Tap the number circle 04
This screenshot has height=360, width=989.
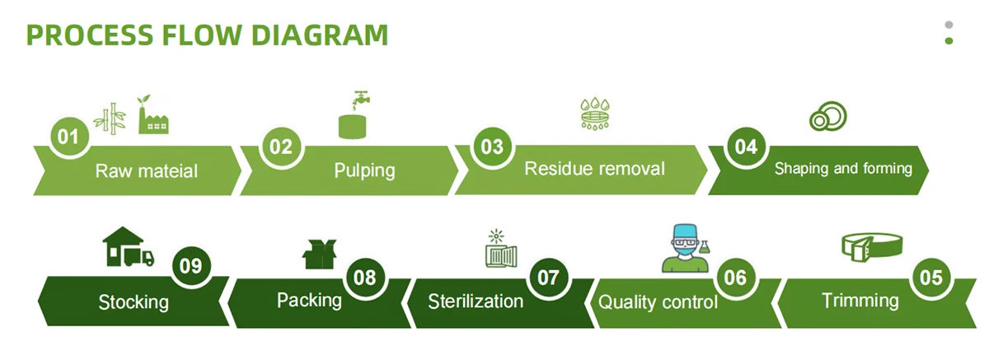745,147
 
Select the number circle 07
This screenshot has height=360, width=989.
548,278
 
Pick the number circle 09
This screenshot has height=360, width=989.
191,267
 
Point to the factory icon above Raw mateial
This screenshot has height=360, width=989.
151,115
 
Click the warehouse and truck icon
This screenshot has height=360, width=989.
127,247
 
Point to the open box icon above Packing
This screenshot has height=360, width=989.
321,254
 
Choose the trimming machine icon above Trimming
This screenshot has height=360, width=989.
870,245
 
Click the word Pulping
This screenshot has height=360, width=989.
364,171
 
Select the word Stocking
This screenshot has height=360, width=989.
134,302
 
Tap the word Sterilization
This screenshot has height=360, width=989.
476,301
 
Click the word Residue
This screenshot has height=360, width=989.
558,168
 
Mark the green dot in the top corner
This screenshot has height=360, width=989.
949,40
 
